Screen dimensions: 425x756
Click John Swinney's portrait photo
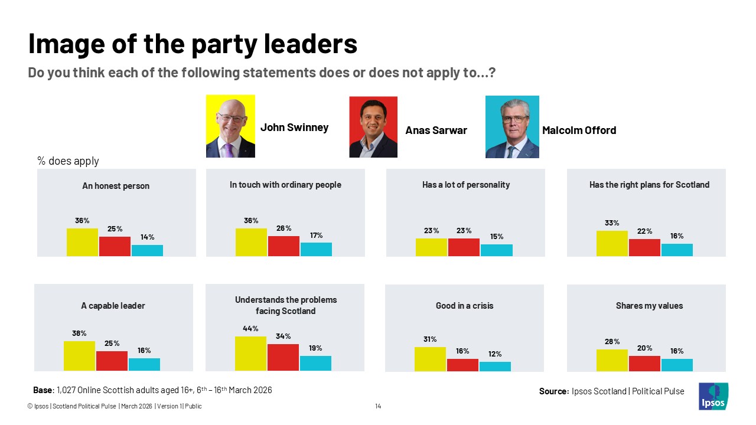click(230, 126)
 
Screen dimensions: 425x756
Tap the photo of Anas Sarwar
click(373, 127)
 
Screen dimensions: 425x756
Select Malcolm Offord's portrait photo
click(512, 127)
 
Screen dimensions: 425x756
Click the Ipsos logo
click(713, 396)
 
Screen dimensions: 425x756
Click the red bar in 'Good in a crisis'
click(462, 365)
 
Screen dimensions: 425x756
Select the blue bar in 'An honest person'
click(147, 250)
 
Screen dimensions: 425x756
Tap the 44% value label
click(250, 329)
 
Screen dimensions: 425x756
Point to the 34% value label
click(283, 336)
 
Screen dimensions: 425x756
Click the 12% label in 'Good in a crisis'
click(495, 354)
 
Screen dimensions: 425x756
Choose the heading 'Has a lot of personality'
click(466, 185)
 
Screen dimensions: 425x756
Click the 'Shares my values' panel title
click(649, 306)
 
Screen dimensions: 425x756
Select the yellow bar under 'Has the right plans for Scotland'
click(612, 243)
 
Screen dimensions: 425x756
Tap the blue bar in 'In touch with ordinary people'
click(316, 249)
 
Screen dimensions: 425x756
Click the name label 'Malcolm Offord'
click(579, 130)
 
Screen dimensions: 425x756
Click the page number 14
click(378, 406)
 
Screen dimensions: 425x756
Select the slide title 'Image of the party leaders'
click(193, 44)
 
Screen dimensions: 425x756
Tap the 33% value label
click(612, 223)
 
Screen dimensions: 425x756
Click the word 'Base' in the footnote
click(43, 390)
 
